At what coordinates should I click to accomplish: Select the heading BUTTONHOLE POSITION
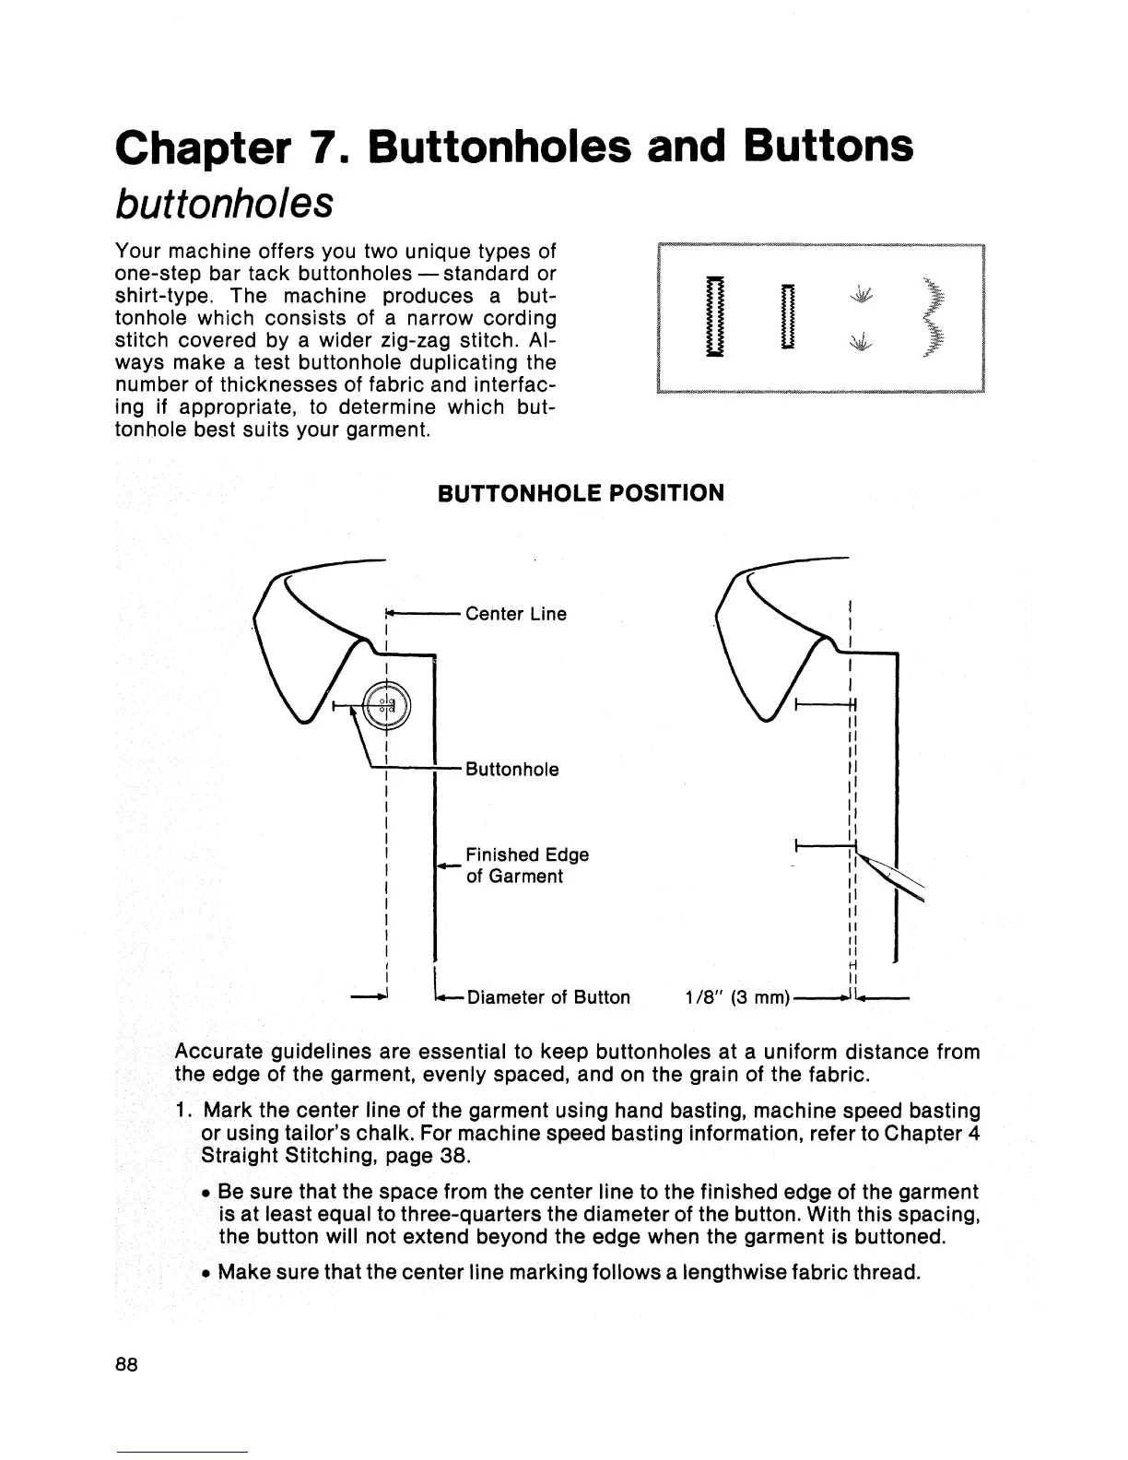point(581,493)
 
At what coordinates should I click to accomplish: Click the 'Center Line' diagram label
point(516,614)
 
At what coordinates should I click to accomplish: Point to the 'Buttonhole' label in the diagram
point(512,770)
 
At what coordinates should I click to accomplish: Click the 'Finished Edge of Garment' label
point(527,865)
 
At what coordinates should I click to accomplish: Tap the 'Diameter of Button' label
point(550,997)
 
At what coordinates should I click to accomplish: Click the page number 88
point(127,1366)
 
